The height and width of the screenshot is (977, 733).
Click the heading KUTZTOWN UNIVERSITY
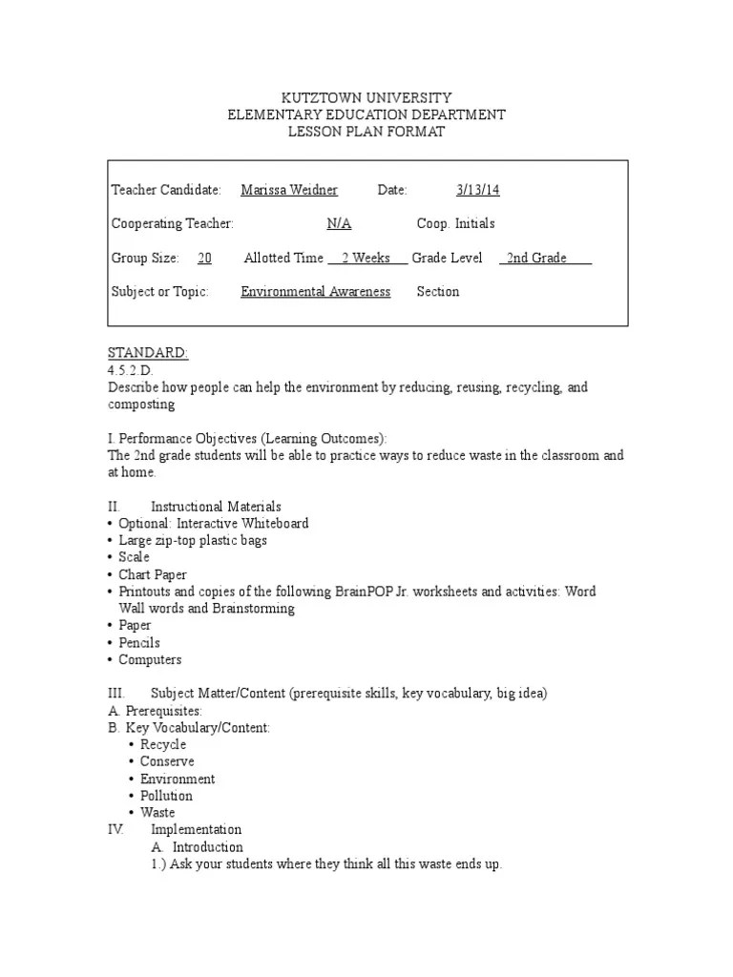366,97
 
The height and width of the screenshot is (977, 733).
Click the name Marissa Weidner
289,190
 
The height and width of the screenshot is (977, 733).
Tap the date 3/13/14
478,190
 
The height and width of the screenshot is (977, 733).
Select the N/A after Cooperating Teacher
339,223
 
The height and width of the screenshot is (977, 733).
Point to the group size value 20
204,258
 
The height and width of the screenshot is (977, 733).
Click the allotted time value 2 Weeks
366,258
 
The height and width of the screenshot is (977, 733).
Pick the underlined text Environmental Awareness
315,292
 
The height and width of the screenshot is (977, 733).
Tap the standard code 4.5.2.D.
132,370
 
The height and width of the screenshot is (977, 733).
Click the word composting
141,405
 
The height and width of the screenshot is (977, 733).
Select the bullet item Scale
135,557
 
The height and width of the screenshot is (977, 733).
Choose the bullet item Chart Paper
153,574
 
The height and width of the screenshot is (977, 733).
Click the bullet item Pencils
139,642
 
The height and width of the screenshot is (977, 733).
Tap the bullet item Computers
150,659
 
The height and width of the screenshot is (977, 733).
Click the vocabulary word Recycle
163,744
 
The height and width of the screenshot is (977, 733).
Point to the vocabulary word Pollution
166,796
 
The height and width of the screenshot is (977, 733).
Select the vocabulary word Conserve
167,761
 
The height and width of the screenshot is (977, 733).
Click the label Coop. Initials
455,223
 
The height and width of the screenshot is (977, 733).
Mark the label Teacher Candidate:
166,190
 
